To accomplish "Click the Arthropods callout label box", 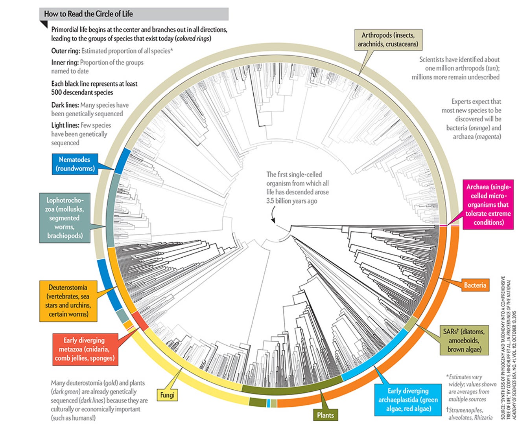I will (x=388, y=40).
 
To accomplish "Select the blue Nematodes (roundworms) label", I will (x=75, y=164).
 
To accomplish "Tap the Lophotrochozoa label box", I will (x=65, y=218).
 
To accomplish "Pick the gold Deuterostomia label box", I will (x=68, y=301).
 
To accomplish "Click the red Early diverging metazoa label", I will (x=85, y=349).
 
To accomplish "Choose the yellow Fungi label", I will (x=167, y=394).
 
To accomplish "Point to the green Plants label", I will (x=325, y=415).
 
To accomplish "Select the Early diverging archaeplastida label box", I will (x=408, y=400).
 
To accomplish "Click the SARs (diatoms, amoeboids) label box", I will (x=464, y=340).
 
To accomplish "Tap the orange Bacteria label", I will (x=475, y=285).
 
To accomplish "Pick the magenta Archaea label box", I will (x=488, y=204).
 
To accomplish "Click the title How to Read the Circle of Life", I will (x=88, y=14).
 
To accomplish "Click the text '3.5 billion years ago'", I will (x=291, y=201).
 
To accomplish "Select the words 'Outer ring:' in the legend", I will (x=66, y=51).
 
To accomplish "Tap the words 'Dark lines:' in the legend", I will (x=65, y=105).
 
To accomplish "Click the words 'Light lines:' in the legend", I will (x=65, y=125).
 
